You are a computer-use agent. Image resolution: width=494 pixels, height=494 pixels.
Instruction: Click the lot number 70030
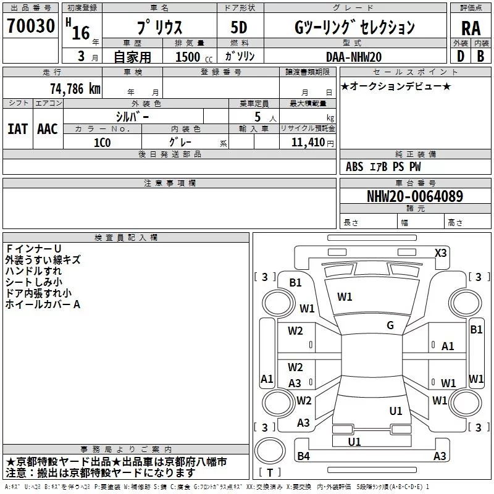pyautogui.click(x=31, y=27)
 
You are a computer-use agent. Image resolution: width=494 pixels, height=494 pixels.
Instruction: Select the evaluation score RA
pyautogui.click(x=471, y=28)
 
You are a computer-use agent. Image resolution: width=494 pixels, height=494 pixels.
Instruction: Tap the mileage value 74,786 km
pyautogui.click(x=75, y=88)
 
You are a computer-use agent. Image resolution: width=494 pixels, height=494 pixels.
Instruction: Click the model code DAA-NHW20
pyautogui.click(x=354, y=56)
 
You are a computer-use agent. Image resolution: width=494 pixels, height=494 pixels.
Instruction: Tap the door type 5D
pyautogui.click(x=238, y=28)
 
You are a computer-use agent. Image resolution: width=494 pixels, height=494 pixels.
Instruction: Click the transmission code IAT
pyautogui.click(x=17, y=129)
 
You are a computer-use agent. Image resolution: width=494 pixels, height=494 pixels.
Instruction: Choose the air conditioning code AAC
pyautogui.click(x=47, y=129)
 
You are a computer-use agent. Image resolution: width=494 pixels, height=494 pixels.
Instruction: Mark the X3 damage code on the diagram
pyautogui.click(x=441, y=253)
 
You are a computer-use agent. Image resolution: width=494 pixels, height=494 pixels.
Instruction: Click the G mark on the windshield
pyautogui.click(x=390, y=325)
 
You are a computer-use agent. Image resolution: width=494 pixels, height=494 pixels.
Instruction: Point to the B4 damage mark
pyautogui.click(x=303, y=456)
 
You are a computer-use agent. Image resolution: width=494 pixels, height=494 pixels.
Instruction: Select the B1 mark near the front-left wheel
pyautogui.click(x=296, y=282)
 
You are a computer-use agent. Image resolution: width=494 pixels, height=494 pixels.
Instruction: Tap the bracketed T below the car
pyautogui.click(x=270, y=473)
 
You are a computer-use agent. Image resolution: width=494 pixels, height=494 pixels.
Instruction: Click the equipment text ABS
pyautogui.click(x=354, y=167)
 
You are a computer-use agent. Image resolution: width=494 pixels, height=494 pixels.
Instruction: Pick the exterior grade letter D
pyautogui.click(x=460, y=56)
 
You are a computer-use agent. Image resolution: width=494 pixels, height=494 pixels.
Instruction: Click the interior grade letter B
pyautogui.click(x=481, y=56)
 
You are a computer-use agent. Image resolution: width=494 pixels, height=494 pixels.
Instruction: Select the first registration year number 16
pyautogui.click(x=80, y=32)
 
